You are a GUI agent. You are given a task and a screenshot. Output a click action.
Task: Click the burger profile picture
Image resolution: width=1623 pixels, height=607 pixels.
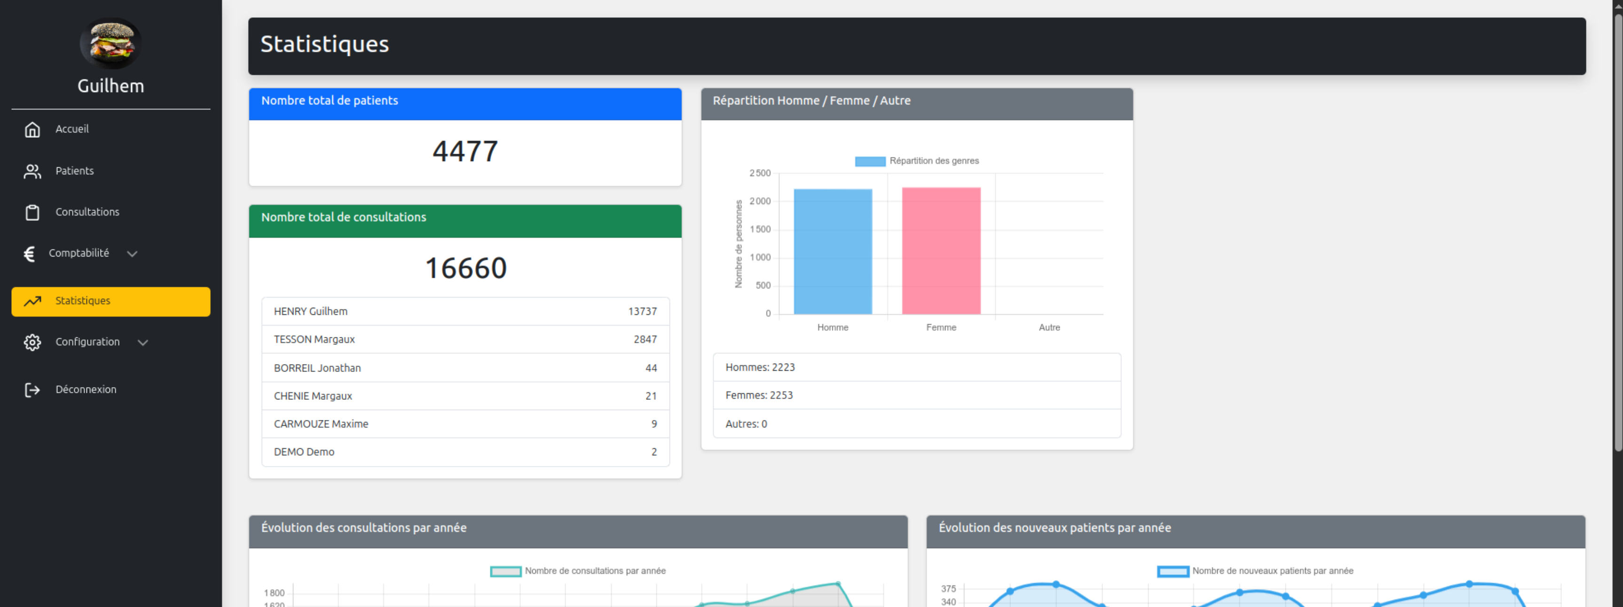(x=110, y=43)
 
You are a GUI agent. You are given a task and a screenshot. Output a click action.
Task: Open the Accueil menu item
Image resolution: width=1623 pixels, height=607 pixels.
(x=72, y=129)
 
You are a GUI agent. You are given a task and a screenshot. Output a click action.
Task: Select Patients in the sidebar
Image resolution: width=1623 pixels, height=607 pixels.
(x=74, y=171)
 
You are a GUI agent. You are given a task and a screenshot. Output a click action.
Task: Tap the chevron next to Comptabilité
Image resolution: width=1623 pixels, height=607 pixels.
(x=132, y=254)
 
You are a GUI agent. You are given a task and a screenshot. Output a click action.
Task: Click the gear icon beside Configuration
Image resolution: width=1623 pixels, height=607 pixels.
(x=32, y=342)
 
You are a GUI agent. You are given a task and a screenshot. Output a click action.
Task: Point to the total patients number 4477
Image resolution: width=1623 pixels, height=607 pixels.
(x=465, y=152)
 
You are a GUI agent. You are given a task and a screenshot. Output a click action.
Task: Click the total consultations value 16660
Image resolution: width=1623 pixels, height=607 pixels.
(x=465, y=268)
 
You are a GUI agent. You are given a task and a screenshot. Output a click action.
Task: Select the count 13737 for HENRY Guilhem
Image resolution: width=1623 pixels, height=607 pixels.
(x=642, y=311)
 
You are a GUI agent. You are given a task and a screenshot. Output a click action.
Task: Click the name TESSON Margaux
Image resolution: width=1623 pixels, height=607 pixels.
(x=315, y=339)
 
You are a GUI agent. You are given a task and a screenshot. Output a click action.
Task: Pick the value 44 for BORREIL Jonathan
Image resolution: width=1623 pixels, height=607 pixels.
(x=651, y=368)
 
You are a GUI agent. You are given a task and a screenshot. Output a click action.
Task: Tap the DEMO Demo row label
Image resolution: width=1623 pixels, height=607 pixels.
(x=304, y=452)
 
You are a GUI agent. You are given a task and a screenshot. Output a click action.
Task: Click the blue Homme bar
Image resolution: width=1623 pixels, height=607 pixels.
(x=832, y=252)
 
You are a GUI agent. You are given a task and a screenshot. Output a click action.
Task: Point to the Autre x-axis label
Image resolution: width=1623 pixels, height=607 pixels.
(x=1049, y=327)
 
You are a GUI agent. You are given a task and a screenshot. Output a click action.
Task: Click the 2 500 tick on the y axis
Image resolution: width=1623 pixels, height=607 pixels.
(x=760, y=173)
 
